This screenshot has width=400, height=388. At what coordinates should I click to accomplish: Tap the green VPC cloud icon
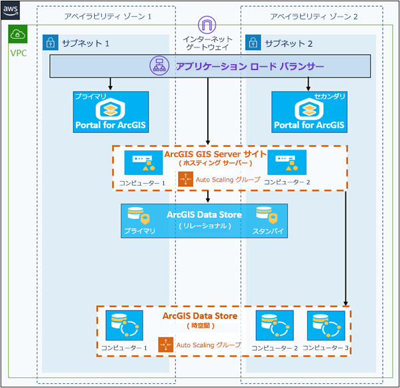18,35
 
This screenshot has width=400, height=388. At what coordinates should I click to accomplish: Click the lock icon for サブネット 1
50,43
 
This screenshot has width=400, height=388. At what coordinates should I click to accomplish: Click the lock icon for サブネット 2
254,43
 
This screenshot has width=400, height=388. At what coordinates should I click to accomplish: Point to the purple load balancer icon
160,66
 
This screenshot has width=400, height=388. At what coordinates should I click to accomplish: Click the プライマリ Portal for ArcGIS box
111,112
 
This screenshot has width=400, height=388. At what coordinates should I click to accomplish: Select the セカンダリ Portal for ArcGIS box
309,112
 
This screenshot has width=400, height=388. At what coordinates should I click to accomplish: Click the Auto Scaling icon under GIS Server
185,180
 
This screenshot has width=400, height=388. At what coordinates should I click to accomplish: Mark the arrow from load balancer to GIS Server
209,111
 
